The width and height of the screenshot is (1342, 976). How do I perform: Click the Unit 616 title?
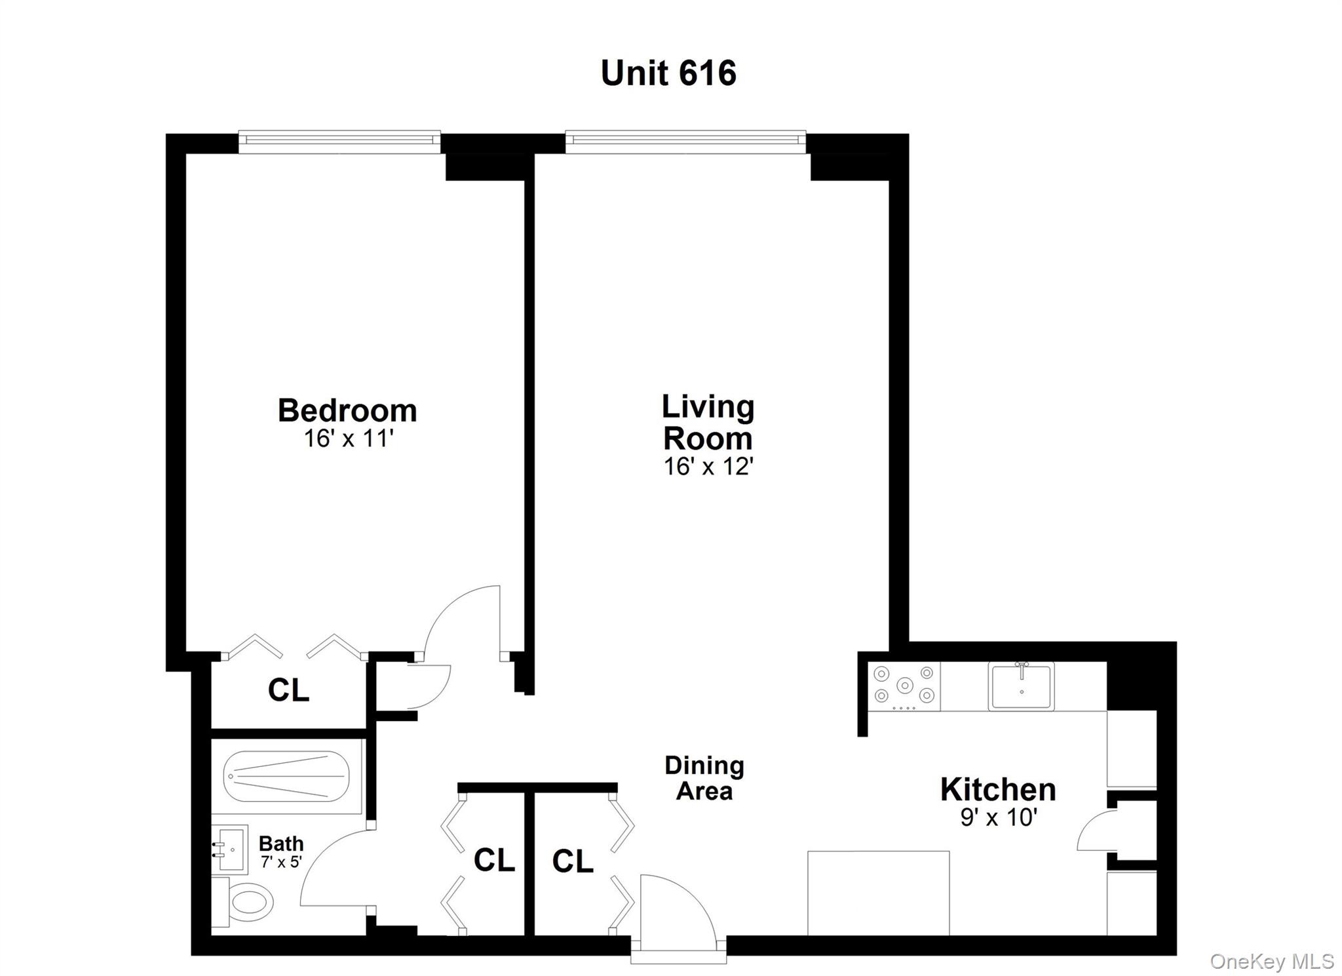coord(668,73)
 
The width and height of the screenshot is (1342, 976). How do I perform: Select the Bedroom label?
coord(347,411)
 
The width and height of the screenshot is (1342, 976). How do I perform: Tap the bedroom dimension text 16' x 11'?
coord(348,439)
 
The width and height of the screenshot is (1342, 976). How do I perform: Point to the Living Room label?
coord(708,422)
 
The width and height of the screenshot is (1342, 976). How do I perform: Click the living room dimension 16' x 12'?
coord(708,467)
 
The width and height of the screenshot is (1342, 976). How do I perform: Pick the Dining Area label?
coord(704,778)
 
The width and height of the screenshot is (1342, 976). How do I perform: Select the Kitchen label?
coord(997,790)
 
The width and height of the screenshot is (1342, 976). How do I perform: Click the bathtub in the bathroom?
coord(286,776)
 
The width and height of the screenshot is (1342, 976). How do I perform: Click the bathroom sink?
coord(230,849)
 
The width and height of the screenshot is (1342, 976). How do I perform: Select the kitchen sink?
coord(1021,686)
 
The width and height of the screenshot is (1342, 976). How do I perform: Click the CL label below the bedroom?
coord(288,690)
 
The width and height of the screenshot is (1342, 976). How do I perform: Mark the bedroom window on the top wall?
coord(339,139)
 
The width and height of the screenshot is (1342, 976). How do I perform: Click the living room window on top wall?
coord(685,139)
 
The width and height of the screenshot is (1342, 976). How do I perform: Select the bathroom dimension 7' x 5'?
coord(281,862)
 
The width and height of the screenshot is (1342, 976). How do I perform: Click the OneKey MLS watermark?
coord(1271,961)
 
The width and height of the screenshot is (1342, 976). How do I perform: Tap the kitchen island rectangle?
coord(878,893)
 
